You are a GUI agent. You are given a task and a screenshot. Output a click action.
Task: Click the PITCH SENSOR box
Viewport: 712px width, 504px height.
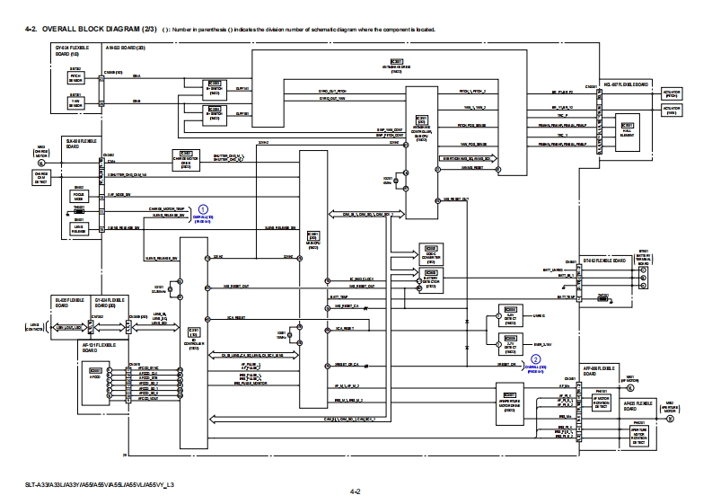coord(76,76)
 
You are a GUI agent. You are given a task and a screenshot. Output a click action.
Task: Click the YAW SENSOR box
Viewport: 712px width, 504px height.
coord(76,102)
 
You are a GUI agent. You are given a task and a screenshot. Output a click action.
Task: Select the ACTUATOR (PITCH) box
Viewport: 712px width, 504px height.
coord(672,92)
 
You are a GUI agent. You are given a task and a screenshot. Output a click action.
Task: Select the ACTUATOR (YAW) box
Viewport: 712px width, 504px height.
coord(672,109)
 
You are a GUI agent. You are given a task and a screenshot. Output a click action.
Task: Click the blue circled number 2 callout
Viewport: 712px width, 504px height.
coord(536,358)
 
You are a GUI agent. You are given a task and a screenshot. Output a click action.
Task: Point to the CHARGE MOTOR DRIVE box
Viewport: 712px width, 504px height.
coord(185,160)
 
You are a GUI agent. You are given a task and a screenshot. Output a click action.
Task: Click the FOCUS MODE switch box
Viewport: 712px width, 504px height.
coord(79,193)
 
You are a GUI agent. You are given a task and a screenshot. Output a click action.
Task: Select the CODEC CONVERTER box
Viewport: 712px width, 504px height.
coord(430,255)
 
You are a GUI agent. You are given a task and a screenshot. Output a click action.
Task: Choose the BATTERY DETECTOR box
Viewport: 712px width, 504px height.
coord(430,281)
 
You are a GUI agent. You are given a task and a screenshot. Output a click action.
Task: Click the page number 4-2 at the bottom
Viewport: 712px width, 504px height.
coord(356,491)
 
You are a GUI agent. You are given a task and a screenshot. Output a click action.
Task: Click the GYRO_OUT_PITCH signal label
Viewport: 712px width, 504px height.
coord(331,92)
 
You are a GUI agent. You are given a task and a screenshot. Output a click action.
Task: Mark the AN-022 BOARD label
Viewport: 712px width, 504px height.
coord(121,46)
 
